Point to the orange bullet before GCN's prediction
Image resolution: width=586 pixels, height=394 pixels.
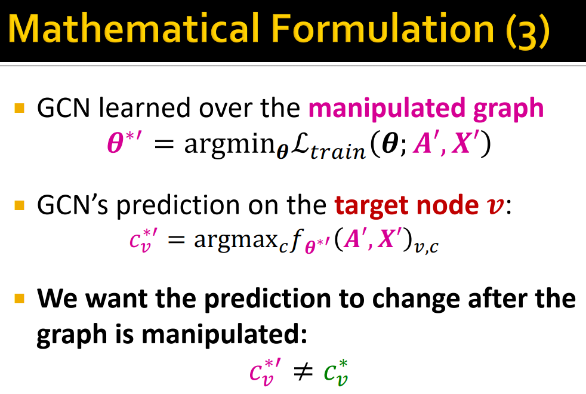click(x=20, y=206)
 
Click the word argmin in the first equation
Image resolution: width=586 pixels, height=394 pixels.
click(x=223, y=146)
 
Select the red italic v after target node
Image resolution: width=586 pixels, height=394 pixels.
click(x=495, y=207)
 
